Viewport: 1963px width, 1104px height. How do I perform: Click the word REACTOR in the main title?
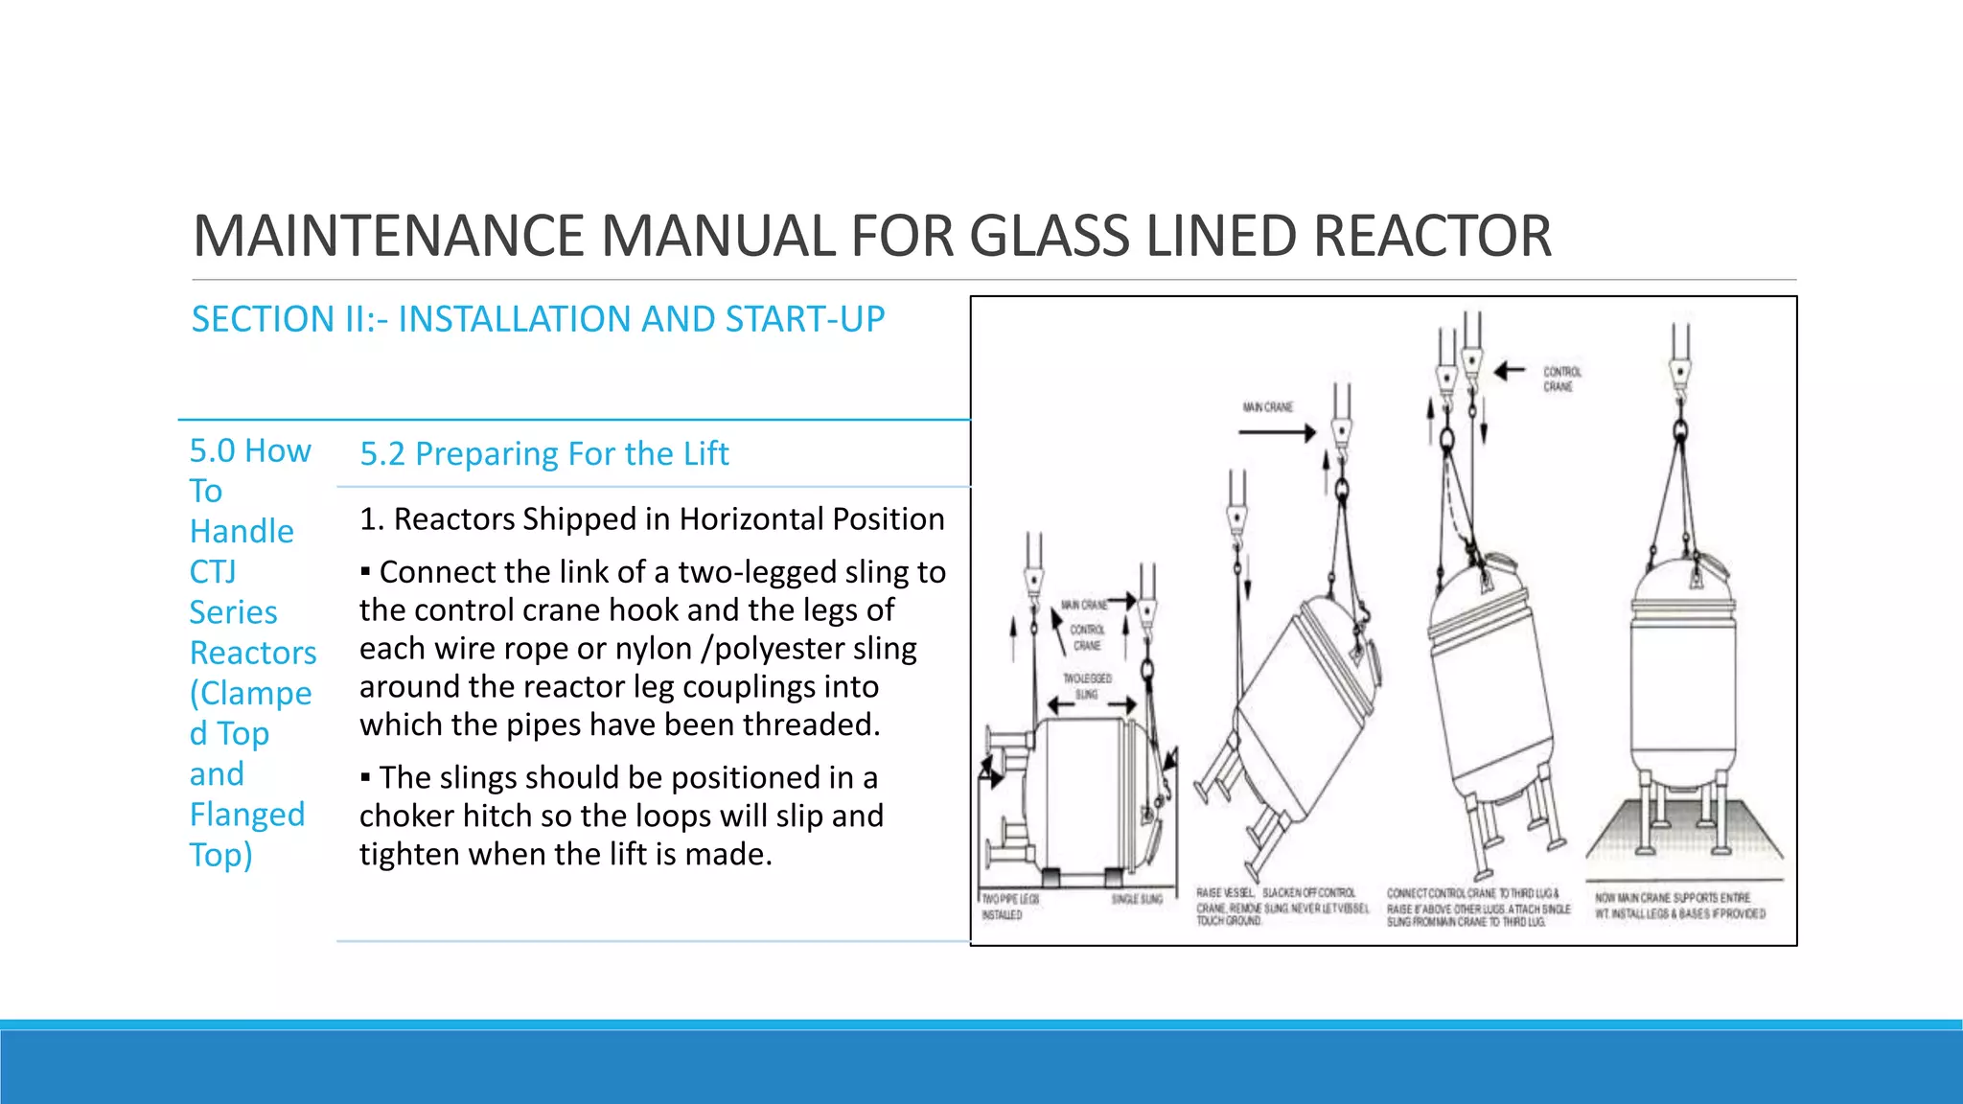[x=1432, y=236]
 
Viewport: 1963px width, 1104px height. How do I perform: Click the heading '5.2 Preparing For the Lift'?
[x=543, y=453]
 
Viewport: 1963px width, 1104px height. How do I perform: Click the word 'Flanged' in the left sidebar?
[x=246, y=815]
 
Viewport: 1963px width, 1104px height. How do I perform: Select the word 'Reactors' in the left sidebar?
[x=252, y=653]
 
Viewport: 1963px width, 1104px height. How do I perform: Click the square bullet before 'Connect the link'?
[x=365, y=573]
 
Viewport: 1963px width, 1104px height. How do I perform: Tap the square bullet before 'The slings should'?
[x=365, y=778]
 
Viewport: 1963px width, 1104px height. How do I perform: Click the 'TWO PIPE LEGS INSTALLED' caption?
[x=1008, y=907]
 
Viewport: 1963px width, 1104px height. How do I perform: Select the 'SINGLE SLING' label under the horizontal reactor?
[x=1137, y=899]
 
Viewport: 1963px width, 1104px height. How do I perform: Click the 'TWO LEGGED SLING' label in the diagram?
[x=1087, y=685]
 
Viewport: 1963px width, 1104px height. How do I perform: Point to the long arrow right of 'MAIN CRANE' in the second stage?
[x=1277, y=433]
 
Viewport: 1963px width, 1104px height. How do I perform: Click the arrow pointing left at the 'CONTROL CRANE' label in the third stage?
[x=1510, y=371]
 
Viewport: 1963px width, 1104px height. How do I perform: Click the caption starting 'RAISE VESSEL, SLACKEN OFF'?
[x=1282, y=907]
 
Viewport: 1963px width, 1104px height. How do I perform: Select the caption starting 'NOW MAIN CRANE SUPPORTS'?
[x=1679, y=906]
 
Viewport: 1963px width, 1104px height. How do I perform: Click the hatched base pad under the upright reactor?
[x=1684, y=839]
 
